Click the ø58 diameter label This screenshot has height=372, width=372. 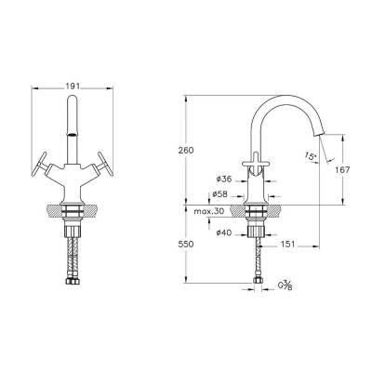220,193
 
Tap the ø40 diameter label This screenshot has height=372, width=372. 223,232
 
